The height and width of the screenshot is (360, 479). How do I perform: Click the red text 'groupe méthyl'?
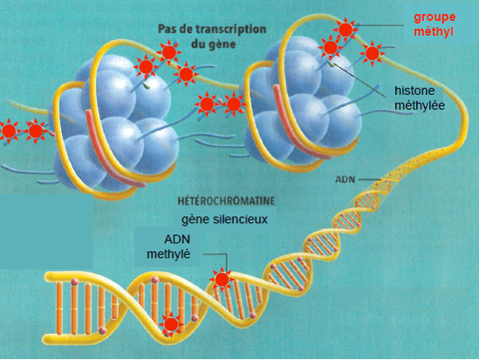point(435,24)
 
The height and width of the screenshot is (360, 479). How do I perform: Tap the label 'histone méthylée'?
point(420,98)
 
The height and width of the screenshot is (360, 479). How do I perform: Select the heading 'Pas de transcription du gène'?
point(212,37)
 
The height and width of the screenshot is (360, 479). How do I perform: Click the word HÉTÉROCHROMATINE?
point(226,201)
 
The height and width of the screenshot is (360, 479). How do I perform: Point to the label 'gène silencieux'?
point(224,220)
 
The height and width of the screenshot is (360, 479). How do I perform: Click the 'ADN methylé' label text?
point(168,247)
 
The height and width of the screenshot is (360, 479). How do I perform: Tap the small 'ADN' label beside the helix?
point(346,180)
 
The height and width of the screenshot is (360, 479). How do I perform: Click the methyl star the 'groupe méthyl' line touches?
point(346,30)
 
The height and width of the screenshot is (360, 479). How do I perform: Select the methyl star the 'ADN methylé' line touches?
point(222,279)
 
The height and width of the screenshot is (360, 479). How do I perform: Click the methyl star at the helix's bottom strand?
point(171,324)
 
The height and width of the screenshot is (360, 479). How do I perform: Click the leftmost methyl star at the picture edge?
point(10,131)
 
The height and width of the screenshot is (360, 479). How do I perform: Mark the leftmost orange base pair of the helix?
point(59,309)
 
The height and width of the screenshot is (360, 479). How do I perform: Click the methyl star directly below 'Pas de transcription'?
point(168,52)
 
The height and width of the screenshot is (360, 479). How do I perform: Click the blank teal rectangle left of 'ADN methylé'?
point(46,231)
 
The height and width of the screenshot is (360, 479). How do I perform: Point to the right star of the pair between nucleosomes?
point(234,104)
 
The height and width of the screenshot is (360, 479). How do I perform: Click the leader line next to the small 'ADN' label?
point(370,180)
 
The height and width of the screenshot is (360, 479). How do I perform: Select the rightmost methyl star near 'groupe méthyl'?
point(372,54)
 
